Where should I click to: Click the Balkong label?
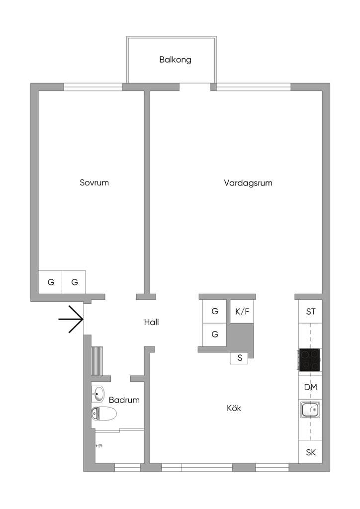coord(175,60)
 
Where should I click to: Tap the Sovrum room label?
coord(94,182)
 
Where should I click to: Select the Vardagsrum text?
coord(248,183)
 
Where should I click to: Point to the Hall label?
coord(151,322)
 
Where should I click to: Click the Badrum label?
coord(124,400)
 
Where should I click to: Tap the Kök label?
coord(234,408)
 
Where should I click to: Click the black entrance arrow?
coord(71,320)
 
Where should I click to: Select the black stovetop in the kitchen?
coord(310,360)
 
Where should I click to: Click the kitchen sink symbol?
coord(310,410)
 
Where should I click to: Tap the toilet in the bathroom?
coord(104,414)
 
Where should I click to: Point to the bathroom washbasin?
coord(98,394)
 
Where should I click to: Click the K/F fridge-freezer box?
coord(242,312)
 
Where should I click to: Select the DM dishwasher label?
coord(310,387)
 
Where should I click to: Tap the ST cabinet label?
coord(311,312)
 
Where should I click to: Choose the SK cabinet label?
coord(311,452)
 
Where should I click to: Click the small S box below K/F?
coord(240,358)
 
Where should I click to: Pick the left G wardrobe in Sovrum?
coord(50,282)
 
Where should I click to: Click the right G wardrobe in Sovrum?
coord(74,282)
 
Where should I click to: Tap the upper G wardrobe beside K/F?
coord(215,311)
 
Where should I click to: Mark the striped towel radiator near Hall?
coord(97,361)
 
